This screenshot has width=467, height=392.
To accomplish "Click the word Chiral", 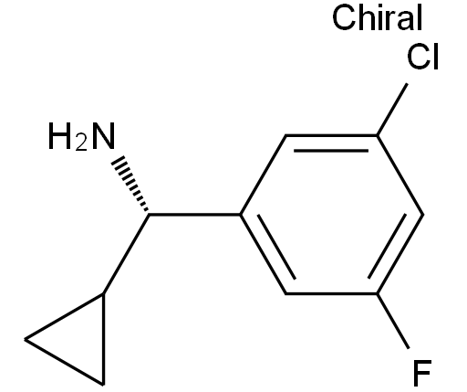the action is [378, 17].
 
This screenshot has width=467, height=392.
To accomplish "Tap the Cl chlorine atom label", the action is [422, 57].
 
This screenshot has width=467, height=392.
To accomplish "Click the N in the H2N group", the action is [103, 136].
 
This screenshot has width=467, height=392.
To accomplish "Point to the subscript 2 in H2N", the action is [81, 143].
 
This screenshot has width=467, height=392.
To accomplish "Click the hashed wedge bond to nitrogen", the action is [130, 184].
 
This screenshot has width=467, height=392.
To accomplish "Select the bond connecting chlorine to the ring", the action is [392, 109].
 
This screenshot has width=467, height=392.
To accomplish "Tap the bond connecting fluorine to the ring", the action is [393, 321].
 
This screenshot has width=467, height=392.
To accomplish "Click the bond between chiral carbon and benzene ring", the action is [194, 215].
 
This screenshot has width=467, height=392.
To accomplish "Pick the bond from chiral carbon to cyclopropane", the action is [126, 254].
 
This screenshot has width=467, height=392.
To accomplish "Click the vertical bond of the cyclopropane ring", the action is [103, 339].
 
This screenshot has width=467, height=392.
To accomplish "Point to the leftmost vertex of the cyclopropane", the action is [25, 339].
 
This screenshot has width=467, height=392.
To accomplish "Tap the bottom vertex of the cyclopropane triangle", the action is [103, 385].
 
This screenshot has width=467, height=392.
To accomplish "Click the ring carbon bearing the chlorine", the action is [377, 135].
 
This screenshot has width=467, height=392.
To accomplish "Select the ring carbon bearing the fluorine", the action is [377, 293].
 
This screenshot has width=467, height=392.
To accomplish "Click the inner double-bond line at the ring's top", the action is [331, 151].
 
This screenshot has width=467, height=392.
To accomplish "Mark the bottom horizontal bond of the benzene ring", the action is [331, 293].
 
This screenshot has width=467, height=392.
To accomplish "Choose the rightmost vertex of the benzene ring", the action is [423, 215].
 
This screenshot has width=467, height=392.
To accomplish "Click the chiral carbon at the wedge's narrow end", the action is [149, 215].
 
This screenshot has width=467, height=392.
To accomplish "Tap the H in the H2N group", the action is [60, 136].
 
